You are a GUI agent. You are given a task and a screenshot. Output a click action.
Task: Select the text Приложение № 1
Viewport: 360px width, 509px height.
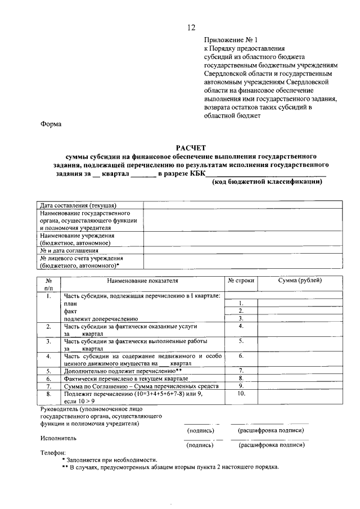tap(230, 40)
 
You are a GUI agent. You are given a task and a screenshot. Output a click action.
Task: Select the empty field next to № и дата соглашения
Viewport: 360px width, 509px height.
tap(242, 250)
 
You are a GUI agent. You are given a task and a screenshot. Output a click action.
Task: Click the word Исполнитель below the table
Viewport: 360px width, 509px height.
tap(59, 438)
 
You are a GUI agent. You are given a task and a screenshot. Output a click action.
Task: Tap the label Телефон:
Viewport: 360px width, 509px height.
tap(53, 452)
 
